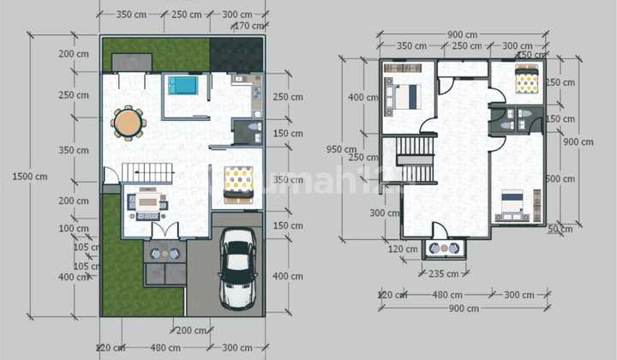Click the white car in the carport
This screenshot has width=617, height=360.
point(238,267)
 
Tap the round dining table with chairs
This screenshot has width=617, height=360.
point(129,123)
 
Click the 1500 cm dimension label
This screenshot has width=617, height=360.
point(30,177)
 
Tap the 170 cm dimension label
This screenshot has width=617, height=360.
point(249,26)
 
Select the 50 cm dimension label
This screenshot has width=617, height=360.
point(560,229)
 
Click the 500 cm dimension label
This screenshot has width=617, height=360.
point(560,178)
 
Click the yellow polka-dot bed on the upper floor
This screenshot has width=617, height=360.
point(525,81)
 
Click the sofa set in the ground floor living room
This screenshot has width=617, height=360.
point(147,203)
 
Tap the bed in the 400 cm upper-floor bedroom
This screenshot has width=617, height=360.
point(403,96)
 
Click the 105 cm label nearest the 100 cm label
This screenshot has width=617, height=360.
point(83,248)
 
